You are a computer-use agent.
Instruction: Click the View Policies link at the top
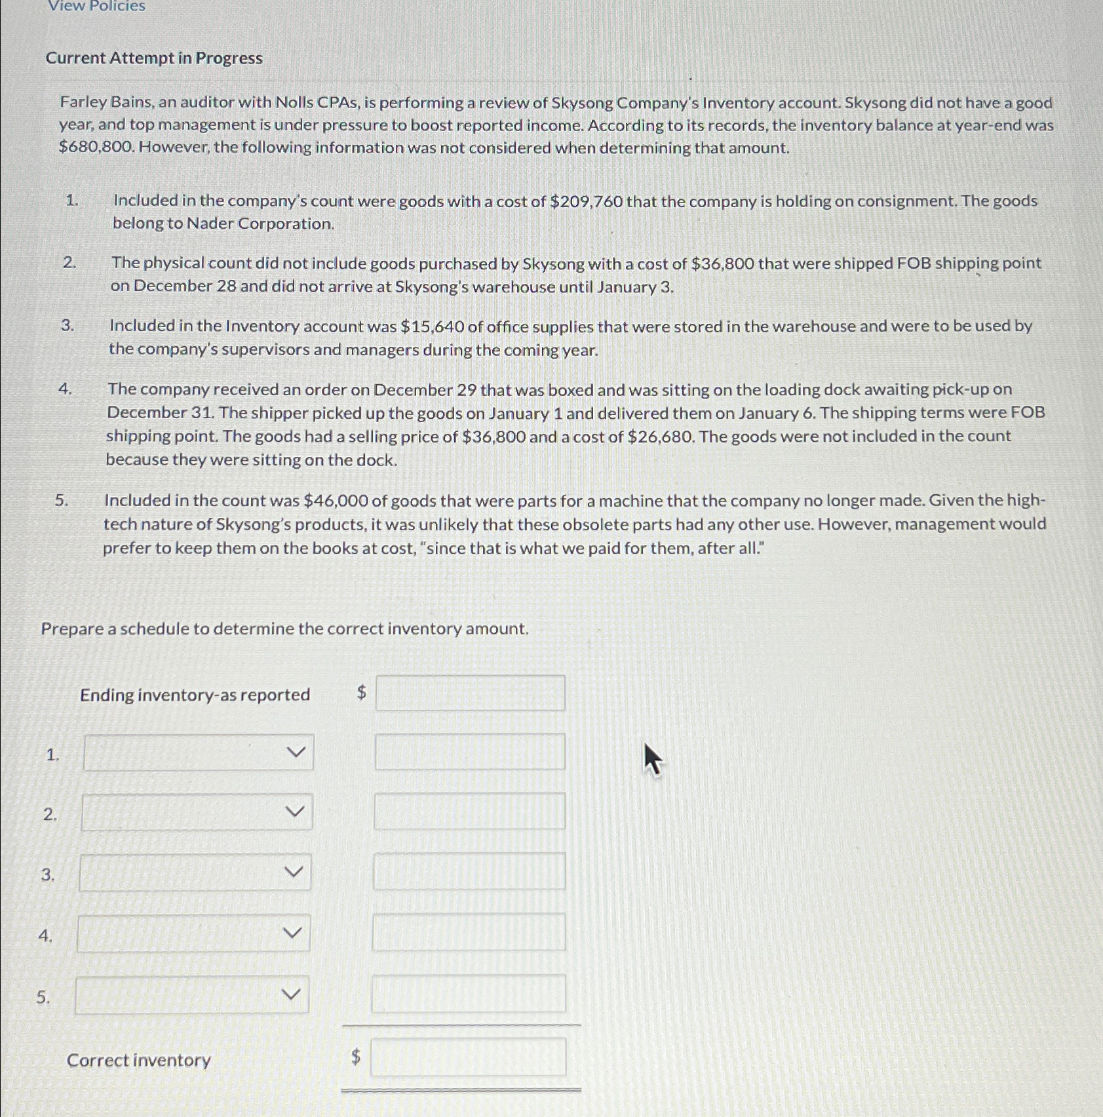click(x=96, y=7)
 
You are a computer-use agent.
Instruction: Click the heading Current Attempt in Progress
click(x=154, y=58)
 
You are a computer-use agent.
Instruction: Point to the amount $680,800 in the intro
click(x=96, y=147)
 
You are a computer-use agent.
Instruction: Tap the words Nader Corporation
click(x=260, y=224)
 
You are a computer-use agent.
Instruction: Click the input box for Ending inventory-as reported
click(x=470, y=694)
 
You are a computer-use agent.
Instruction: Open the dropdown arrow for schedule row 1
click(x=297, y=752)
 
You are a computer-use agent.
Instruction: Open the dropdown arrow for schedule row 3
click(x=294, y=872)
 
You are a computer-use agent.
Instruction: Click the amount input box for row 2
click(x=469, y=812)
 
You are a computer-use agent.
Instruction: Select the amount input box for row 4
click(x=469, y=932)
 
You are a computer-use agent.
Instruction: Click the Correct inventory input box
click(x=468, y=1057)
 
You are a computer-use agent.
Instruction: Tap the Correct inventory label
click(x=139, y=1060)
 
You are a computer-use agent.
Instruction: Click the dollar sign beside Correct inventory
click(x=356, y=1057)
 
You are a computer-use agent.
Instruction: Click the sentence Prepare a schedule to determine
click(x=284, y=629)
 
